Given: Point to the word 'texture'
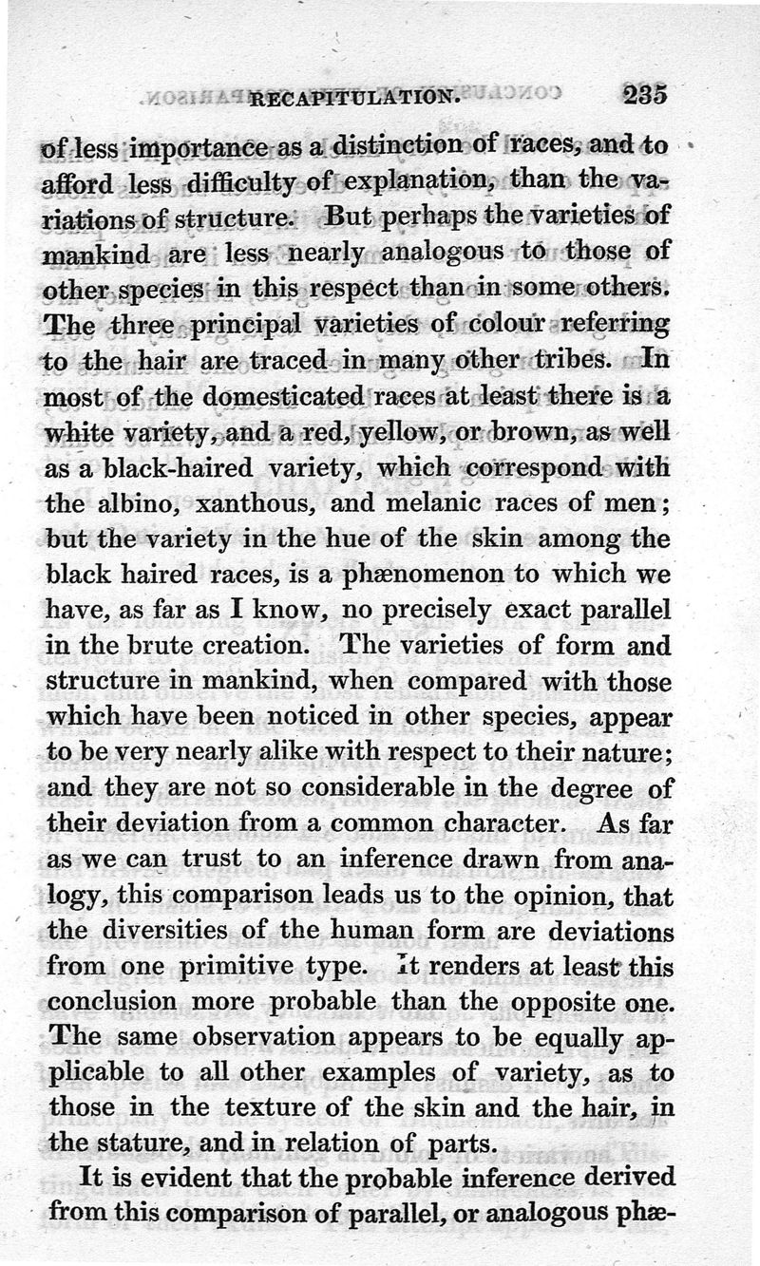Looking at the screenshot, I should [x=237, y=1108].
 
